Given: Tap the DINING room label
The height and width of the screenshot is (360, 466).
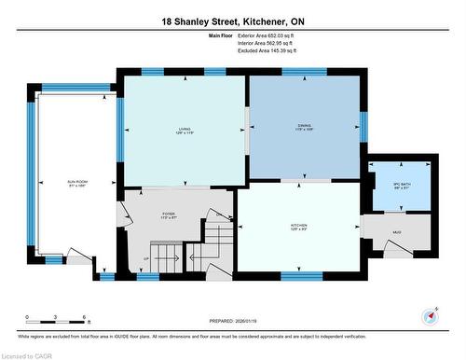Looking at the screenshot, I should point(304,123).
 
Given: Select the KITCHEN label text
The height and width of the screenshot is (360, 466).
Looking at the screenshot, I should point(298,227).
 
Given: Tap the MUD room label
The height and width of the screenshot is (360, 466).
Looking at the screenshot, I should point(396,230).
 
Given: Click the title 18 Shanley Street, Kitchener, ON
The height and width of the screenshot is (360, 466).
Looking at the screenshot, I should point(232,21).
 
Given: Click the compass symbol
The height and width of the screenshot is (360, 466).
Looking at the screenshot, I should point(430,314).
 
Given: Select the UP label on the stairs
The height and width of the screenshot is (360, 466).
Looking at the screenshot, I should point(145,258).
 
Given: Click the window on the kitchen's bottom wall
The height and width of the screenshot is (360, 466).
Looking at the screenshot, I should point(302,275).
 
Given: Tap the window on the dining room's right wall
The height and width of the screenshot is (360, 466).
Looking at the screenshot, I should point(363,125).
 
